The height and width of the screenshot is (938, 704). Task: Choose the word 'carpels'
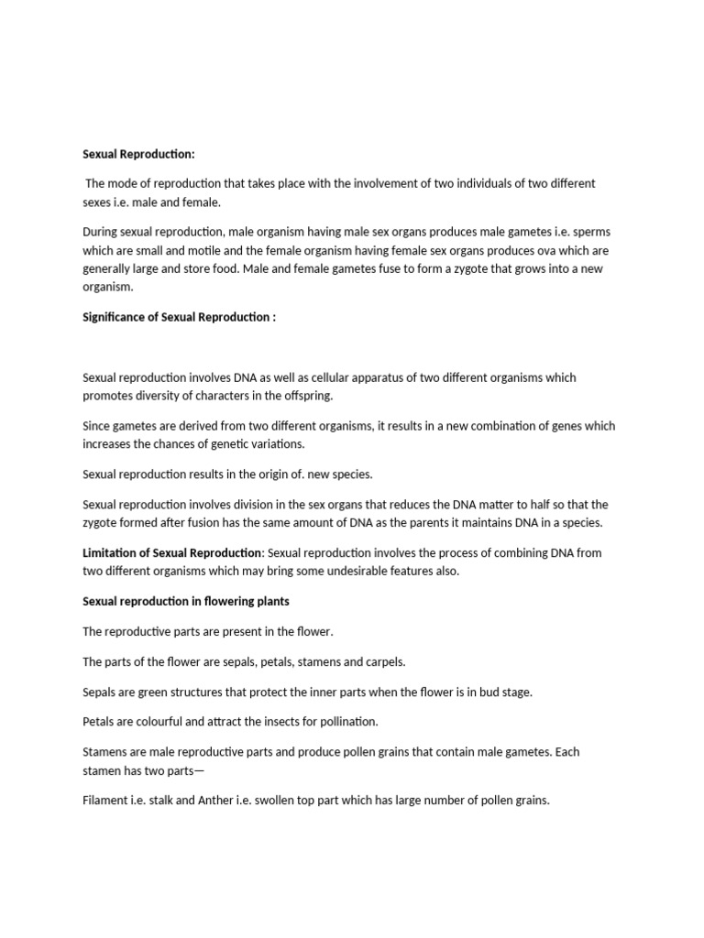(x=383, y=661)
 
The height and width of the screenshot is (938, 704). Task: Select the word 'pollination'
(x=346, y=722)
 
